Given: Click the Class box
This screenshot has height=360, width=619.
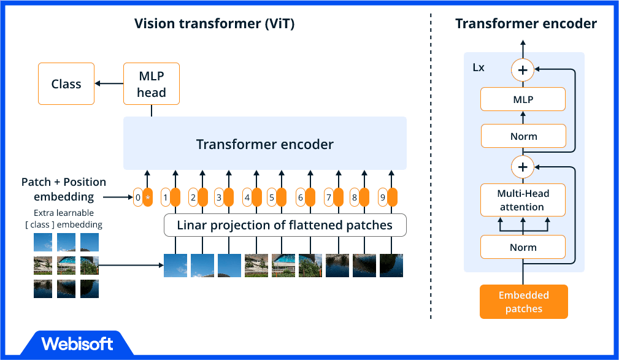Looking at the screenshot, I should coord(66,84).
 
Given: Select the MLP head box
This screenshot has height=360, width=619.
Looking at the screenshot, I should coord(151,83).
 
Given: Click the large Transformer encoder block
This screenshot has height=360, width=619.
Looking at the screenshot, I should coord(264,144).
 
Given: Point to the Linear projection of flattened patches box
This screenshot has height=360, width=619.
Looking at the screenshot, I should coord(285,225).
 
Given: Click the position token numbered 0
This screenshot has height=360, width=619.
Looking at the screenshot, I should coord(138,197).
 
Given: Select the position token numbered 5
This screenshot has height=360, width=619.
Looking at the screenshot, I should coord(271,197).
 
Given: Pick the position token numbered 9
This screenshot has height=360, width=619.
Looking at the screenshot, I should coord(382,197).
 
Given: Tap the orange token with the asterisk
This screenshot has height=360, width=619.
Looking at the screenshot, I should coord(148,197).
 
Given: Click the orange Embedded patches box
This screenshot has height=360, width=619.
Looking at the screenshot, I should coord(523,302).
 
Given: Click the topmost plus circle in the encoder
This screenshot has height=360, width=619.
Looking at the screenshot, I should coord(523,71).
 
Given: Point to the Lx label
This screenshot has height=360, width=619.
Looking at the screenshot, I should coord(479,67).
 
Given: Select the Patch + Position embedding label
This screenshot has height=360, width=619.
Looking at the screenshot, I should coord(64,189).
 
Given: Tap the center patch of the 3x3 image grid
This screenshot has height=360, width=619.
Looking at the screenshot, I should coord(66,265).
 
